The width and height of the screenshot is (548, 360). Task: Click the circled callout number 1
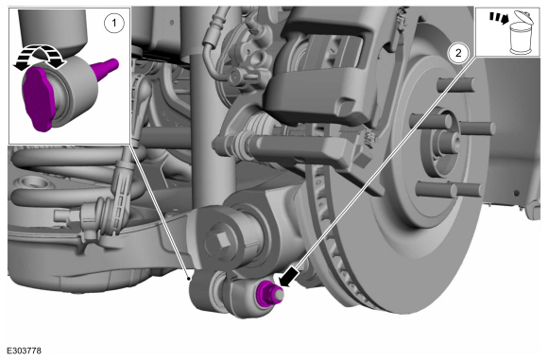pyautogui.click(x=114, y=23)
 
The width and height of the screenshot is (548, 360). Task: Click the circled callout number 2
pyautogui.click(x=458, y=53)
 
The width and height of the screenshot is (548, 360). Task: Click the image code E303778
pyautogui.click(x=24, y=351)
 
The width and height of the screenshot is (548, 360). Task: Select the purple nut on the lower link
pyautogui.click(x=265, y=294)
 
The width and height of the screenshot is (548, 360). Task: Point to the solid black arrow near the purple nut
pyautogui.click(x=289, y=277)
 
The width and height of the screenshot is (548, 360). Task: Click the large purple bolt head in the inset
pyautogui.click(x=38, y=99)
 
